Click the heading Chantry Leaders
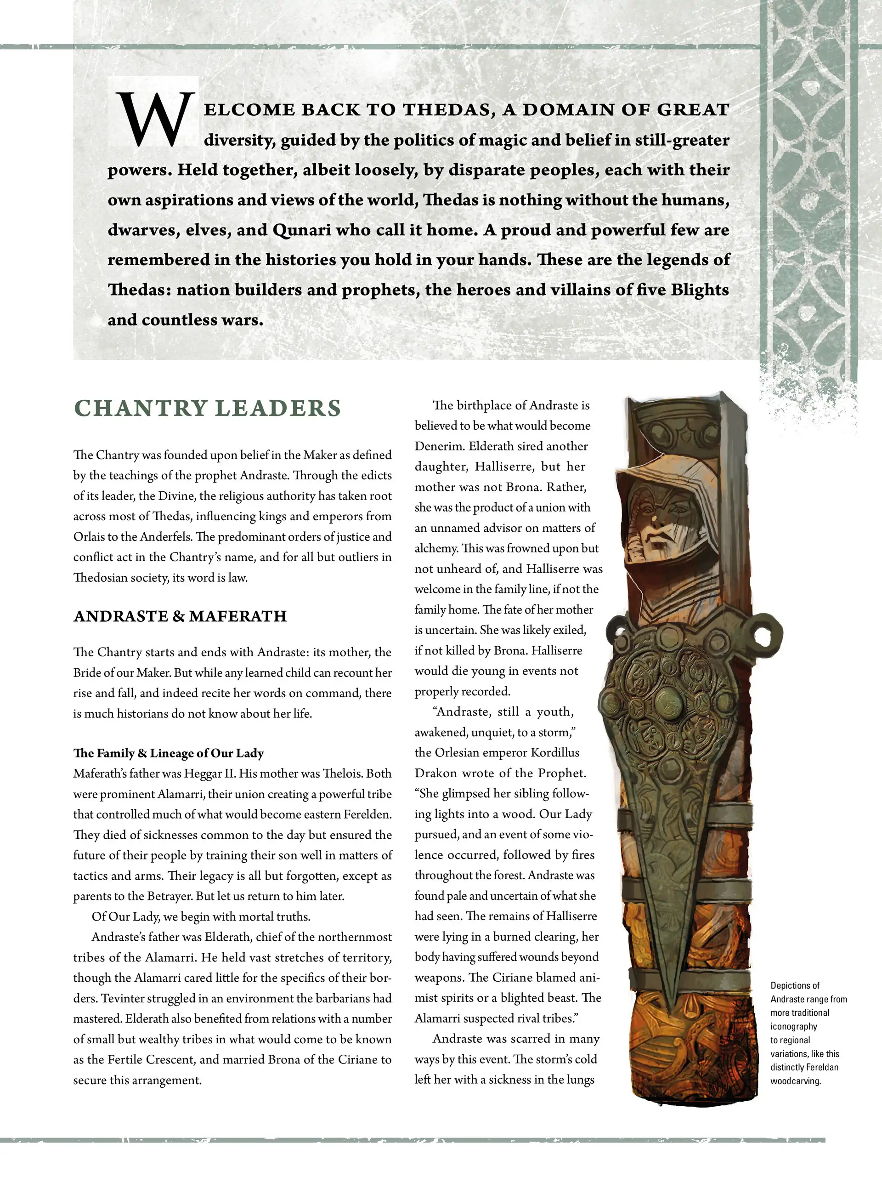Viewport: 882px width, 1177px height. tap(208, 408)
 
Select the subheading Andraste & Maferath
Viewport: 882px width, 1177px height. tap(180, 616)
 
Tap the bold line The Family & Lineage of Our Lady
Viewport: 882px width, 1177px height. tap(168, 753)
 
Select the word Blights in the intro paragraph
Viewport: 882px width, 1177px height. tap(700, 290)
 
